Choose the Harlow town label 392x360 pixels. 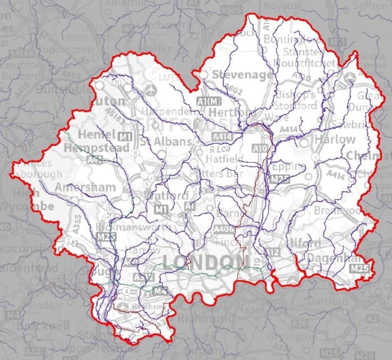point(335,139)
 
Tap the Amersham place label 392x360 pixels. point(85,187)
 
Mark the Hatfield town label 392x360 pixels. point(226,160)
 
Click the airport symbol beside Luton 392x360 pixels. point(151,90)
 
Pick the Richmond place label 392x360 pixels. point(206,318)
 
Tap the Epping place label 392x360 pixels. point(288,167)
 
